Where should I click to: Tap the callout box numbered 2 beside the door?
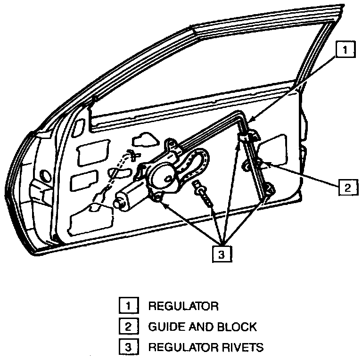pos(346,187)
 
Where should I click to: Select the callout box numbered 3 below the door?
pos(221,253)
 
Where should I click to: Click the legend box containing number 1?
pos(126,306)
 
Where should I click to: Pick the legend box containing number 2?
pos(126,327)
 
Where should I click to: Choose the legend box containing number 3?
pos(126,348)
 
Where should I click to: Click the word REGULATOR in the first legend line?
pos(183,306)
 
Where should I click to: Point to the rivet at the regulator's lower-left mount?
pos(158,198)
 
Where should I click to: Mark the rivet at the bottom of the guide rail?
pos(269,191)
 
